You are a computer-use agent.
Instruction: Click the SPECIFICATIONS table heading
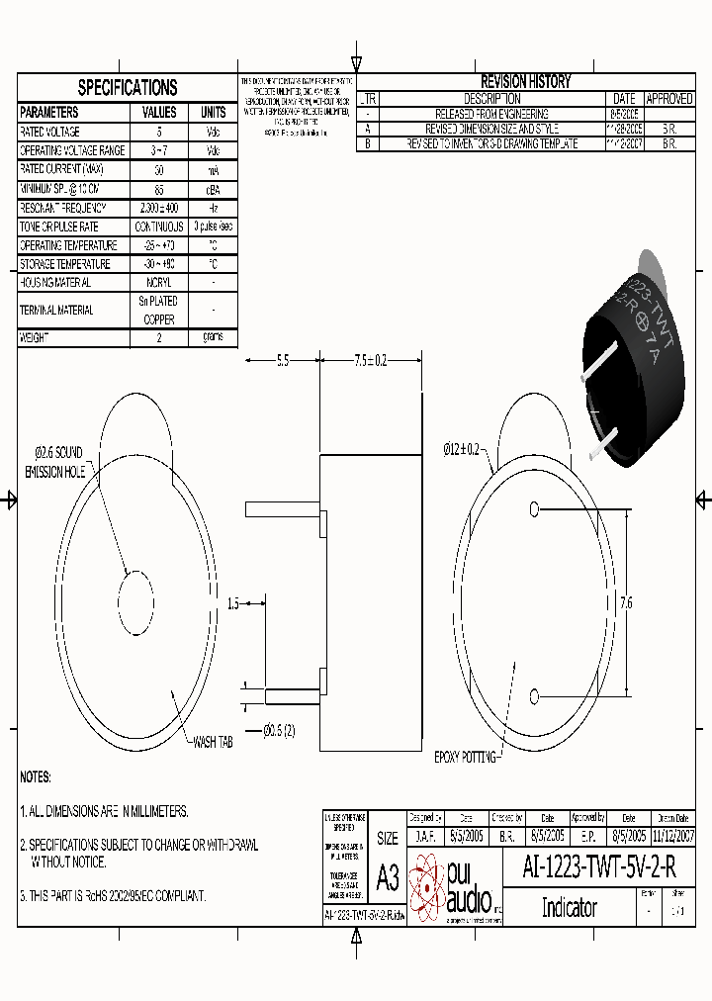coord(128,87)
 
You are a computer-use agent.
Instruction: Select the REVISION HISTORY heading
coord(525,82)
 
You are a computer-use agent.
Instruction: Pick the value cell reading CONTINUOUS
coord(159,227)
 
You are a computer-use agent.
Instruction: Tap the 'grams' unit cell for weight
coord(213,337)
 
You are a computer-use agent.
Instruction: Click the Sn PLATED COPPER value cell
coord(159,310)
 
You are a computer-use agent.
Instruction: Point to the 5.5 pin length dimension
coord(282,361)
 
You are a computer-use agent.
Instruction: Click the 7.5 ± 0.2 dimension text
coord(370,361)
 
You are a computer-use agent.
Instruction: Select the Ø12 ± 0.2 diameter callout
coord(461,448)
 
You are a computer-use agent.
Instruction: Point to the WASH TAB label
coord(212,741)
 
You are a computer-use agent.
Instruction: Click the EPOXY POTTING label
coord(465,757)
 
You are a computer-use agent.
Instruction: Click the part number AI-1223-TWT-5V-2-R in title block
coord(599,868)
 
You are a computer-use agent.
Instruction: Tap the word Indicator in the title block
coord(569,907)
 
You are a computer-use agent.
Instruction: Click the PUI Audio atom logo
coord(427,885)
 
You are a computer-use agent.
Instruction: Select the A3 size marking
coord(388,878)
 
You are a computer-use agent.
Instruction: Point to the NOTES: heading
coord(36,777)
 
